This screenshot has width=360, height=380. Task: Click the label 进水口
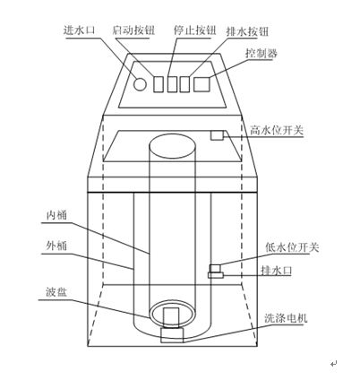pyautogui.click(x=79, y=30)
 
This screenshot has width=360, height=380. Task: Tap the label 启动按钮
pyautogui.click(x=133, y=30)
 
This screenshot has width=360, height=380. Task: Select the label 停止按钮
pyautogui.click(x=194, y=30)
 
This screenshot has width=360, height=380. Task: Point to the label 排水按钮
pyautogui.click(x=247, y=31)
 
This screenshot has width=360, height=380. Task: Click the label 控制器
pyautogui.click(x=261, y=53)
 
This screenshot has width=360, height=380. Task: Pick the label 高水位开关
pyautogui.click(x=277, y=130)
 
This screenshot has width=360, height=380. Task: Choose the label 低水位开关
pyautogui.click(x=292, y=247)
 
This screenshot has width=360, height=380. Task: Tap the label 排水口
pyautogui.click(x=277, y=271)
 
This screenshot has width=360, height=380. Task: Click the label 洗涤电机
pyautogui.click(x=286, y=318)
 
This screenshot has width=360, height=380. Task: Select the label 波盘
pyautogui.click(x=56, y=292)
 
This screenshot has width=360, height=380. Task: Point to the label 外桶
pyautogui.click(x=56, y=246)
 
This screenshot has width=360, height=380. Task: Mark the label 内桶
pyautogui.click(x=56, y=215)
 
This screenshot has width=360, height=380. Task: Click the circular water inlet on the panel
pyautogui.click(x=140, y=84)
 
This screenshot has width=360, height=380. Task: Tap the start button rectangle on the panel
pyautogui.click(x=159, y=84)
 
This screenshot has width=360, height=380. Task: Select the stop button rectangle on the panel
pyautogui.click(x=172, y=84)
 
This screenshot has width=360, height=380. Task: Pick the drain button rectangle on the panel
pyautogui.click(x=184, y=84)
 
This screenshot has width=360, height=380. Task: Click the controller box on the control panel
pyautogui.click(x=201, y=84)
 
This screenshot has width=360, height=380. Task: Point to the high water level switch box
pyautogui.click(x=217, y=135)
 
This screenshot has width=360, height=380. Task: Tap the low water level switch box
pyautogui.click(x=215, y=268)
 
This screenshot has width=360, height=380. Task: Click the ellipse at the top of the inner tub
pyautogui.click(x=173, y=146)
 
